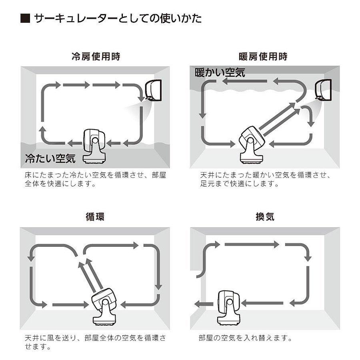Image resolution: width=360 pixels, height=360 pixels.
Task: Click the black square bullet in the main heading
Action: pos(25,19)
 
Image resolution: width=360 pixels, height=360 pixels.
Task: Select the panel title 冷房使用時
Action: pos(96,56)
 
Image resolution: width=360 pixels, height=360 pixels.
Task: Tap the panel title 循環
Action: pos(96,217)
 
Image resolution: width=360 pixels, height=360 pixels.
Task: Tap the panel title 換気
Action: pos(264,217)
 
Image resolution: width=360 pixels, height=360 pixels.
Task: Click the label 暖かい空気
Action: pos(220,73)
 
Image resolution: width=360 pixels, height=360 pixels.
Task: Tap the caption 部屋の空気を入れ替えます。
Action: pos(244,338)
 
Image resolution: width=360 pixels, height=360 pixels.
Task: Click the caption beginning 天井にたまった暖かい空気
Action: pos(265,180)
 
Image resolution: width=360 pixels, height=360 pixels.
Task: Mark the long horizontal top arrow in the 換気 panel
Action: pos(252,244)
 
